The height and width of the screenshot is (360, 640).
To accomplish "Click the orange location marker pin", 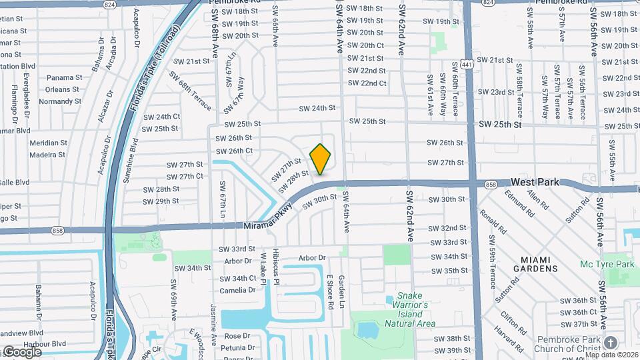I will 321,159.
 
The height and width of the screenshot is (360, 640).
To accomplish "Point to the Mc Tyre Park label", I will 607,265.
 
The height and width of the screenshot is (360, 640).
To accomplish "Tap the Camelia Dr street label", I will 237,290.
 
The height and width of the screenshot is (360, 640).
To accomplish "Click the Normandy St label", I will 60,101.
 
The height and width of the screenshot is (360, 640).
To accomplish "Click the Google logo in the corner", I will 21,352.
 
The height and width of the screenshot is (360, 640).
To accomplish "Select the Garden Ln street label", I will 341,292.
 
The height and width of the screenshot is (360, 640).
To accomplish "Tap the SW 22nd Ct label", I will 367,83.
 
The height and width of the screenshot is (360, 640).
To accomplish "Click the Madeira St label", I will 48,155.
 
